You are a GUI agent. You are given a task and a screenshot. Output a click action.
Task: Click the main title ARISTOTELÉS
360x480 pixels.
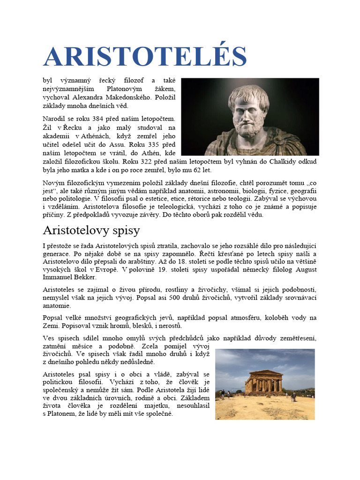[145, 57]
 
